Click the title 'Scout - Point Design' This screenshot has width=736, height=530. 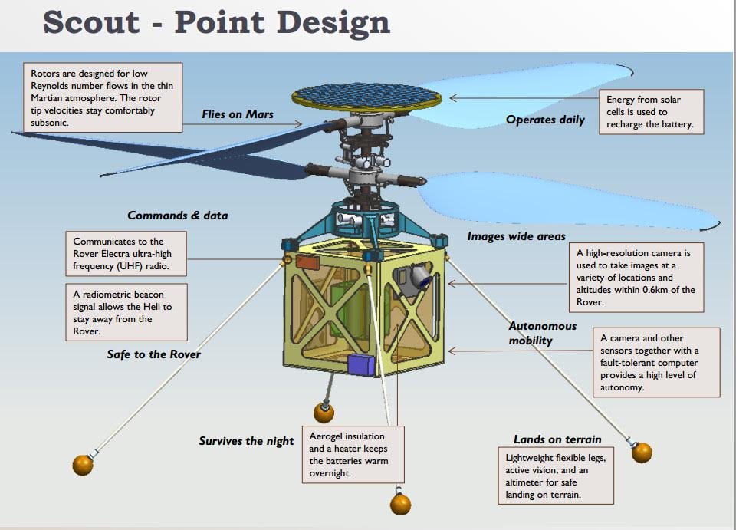click(x=216, y=22)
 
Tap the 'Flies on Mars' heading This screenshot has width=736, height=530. click(x=238, y=114)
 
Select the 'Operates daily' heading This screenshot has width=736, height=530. click(x=545, y=120)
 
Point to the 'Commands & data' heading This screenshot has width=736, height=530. click(x=177, y=216)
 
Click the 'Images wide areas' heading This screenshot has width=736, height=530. click(x=516, y=236)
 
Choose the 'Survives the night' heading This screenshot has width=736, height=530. click(x=246, y=441)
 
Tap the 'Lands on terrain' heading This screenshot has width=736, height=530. click(x=557, y=439)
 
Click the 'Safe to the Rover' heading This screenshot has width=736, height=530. click(x=153, y=354)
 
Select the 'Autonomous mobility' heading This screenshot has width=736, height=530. click(x=543, y=334)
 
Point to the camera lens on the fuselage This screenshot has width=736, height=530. click(x=425, y=281)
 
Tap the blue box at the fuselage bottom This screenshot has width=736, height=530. click(x=361, y=365)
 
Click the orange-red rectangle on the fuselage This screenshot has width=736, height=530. click(x=307, y=262)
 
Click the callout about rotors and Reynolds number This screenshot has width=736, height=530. click(x=103, y=97)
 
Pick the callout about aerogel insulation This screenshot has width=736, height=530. click(x=353, y=454)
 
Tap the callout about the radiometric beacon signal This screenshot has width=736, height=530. click(x=127, y=312)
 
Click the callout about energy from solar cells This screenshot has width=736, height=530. click(x=651, y=112)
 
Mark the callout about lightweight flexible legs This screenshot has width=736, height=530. click(x=556, y=476)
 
